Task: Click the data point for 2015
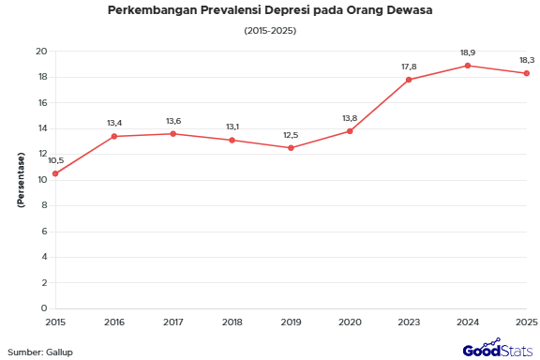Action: tap(55, 173)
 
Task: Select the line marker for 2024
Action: tap(468, 66)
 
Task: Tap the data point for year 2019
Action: tap(291, 148)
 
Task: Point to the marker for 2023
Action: tap(409, 80)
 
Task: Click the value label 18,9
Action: tap(468, 52)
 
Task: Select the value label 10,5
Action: tap(55, 160)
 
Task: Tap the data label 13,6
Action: tap(173, 121)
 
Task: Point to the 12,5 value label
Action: tap(291, 135)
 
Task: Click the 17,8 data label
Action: tap(409, 67)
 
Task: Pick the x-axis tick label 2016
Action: tap(114, 322)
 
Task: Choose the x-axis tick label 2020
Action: tap(350, 322)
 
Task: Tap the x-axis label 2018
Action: tap(232, 322)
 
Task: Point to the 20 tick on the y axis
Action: tap(41, 52)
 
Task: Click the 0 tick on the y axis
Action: tap(44, 308)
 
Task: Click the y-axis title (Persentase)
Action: tap(20, 179)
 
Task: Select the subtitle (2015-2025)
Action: tap(270, 31)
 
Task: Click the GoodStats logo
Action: tap(497, 350)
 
